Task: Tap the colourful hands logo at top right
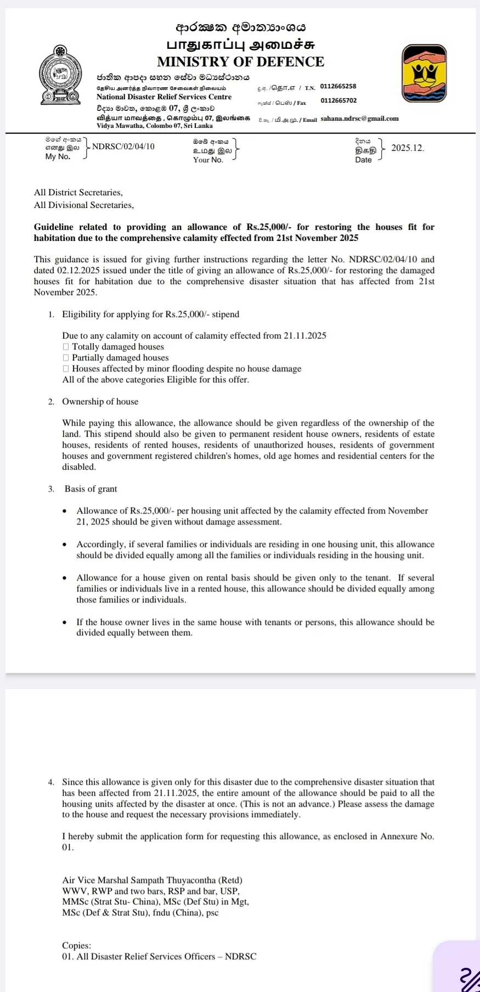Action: pos(424,74)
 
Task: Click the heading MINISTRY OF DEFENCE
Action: pos(240,61)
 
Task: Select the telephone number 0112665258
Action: pos(338,86)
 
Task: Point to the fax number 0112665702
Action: pos(338,100)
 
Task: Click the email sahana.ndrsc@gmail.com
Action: pos(359,118)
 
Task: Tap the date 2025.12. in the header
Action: pos(408,148)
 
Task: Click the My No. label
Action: pos(58,156)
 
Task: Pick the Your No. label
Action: pos(208,160)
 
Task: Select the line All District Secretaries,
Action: pos(78,193)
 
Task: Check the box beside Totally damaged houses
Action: pos(66,347)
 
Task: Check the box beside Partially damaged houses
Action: pos(66,358)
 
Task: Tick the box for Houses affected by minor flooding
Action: pos(66,369)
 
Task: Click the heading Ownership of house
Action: pos(100,402)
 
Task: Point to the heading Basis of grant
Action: pos(91,489)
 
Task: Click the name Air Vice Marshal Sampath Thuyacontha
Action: pos(152,880)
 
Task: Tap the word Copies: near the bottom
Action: pos(76,945)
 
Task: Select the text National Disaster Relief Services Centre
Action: pos(164,97)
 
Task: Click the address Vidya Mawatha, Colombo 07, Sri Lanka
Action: pos(154,126)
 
